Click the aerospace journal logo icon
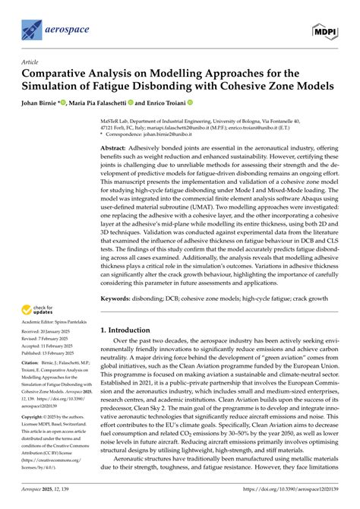[31, 30]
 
